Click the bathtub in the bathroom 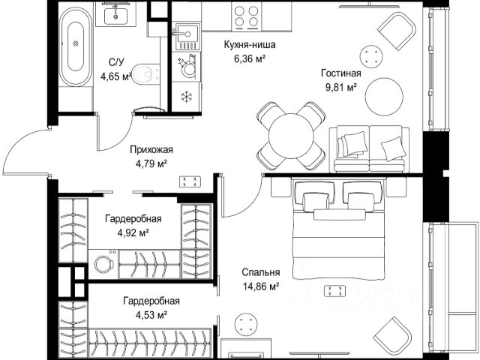[76, 46]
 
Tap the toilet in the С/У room [146, 73]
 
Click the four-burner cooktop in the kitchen [246, 16]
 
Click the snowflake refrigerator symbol [185, 97]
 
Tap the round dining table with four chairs [292, 136]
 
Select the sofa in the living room [369, 149]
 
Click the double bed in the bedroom [338, 229]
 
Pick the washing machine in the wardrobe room [103, 263]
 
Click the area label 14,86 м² [261, 286]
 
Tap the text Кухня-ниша [250, 45]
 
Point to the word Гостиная [341, 73]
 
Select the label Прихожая [151, 150]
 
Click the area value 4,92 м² [133, 233]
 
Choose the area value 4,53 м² [151, 314]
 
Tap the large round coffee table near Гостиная [384, 96]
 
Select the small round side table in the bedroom [244, 325]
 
